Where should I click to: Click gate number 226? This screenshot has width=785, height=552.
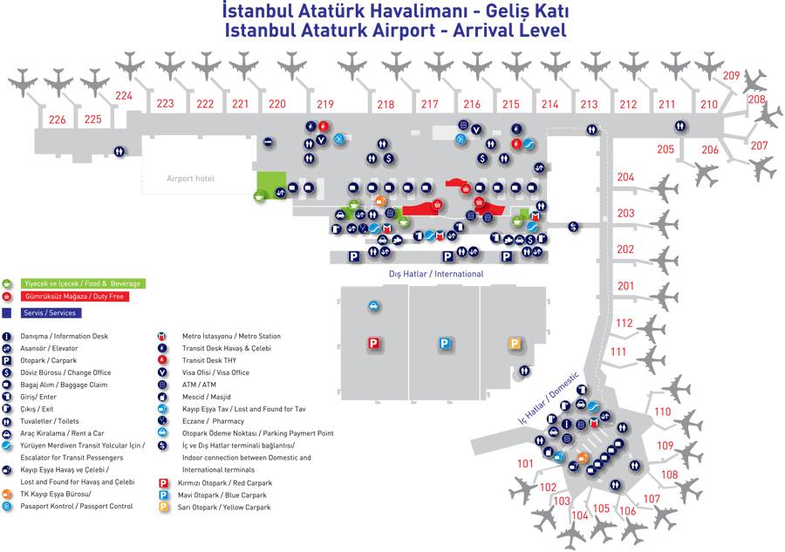[58, 119]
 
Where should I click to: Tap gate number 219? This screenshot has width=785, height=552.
[325, 105]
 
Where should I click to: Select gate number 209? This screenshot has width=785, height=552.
[731, 76]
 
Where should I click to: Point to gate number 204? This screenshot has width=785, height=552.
[625, 177]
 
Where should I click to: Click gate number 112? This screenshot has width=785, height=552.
[623, 323]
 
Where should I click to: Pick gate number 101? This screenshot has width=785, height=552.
[524, 464]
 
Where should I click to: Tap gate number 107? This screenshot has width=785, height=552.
[652, 499]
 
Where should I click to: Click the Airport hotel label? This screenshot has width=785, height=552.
[190, 179]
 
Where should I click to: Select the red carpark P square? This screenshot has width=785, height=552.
[374, 344]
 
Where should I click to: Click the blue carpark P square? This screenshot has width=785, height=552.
[445, 344]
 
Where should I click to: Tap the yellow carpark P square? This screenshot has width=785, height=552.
[515, 344]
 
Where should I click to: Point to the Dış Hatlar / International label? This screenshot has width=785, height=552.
[436, 274]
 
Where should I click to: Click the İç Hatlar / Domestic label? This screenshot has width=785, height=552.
[549, 398]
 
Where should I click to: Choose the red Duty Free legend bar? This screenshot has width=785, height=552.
[73, 297]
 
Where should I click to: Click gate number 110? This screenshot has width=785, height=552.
[663, 412]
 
